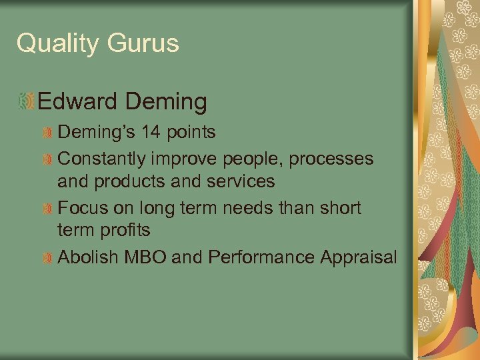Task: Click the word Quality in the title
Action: (57, 44)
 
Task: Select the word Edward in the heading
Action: (77, 102)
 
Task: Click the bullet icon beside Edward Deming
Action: (27, 102)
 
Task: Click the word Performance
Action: (262, 257)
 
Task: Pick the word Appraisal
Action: (361, 257)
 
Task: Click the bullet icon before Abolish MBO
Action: (47, 258)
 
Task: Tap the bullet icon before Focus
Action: (47, 209)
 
